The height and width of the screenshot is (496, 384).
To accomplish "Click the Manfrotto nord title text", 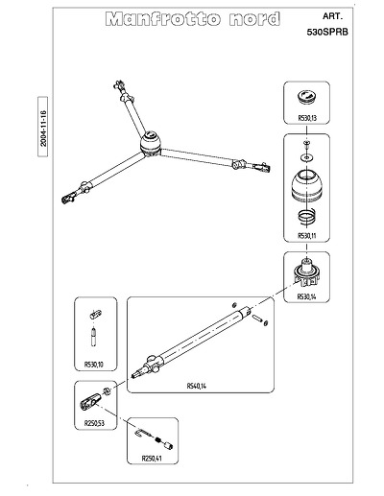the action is click(193, 19).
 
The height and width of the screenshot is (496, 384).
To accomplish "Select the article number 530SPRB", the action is click(327, 32).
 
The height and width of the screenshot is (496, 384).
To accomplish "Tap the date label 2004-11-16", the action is click(43, 128).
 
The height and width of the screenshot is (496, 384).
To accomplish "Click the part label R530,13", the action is click(307, 118).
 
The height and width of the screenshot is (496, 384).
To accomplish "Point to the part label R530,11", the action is click(307, 236).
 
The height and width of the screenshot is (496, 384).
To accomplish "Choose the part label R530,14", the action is click(306, 296).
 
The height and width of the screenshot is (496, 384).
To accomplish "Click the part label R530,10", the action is click(94, 365).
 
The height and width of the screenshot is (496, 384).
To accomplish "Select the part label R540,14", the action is click(197, 386).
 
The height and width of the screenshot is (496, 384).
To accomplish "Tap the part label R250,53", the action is click(94, 423).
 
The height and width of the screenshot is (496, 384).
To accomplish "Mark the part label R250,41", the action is click(152, 459).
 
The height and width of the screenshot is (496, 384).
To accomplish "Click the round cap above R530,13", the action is click(307, 96).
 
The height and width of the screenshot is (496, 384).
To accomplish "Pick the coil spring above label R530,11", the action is click(307, 217).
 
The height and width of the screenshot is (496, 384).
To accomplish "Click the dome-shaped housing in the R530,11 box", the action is click(306, 186).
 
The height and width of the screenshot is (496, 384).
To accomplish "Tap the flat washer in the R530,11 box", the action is click(307, 157).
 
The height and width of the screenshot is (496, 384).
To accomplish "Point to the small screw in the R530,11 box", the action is click(307, 144).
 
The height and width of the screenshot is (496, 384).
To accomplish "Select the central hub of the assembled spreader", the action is click(151, 143).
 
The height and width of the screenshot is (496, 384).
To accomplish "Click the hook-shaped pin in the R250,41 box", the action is click(143, 434).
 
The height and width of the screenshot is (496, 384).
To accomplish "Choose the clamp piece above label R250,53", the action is click(90, 401).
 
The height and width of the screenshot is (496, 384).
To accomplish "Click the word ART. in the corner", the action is click(332, 16).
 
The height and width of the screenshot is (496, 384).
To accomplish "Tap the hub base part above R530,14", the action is click(306, 272).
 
